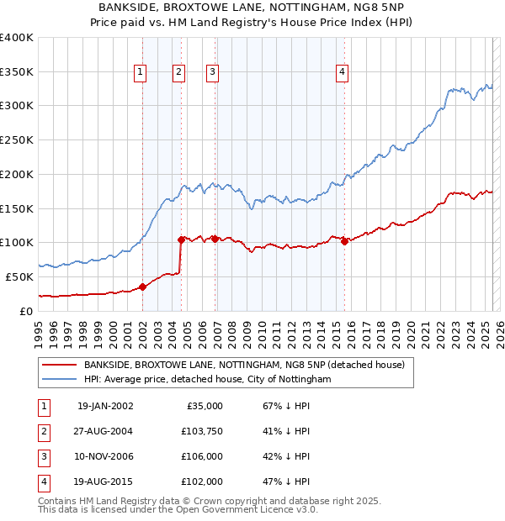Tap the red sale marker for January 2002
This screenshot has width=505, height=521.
(x=142, y=287)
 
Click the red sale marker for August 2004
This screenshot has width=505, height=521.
(x=181, y=239)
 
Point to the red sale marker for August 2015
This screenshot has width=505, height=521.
(x=345, y=241)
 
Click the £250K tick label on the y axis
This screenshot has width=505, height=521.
(x=17, y=140)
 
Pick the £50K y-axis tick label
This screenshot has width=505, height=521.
(x=20, y=276)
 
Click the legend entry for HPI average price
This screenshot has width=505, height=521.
(x=207, y=380)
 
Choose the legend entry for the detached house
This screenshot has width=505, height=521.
(x=244, y=365)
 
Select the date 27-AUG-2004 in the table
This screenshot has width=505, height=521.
(x=105, y=431)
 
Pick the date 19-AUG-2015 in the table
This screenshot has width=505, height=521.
(x=105, y=482)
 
